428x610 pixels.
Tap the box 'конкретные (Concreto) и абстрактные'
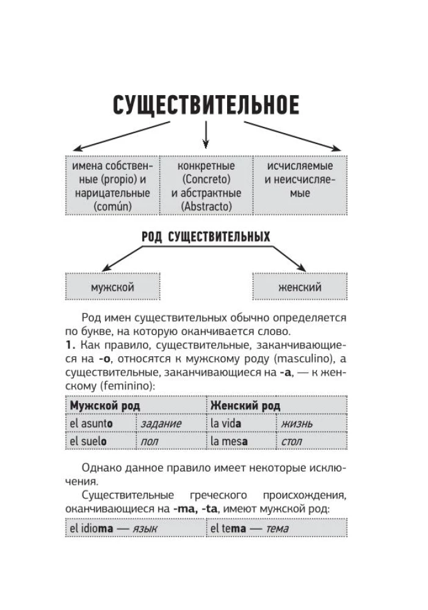[x=206, y=186]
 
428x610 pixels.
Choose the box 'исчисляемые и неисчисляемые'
[x=299, y=186]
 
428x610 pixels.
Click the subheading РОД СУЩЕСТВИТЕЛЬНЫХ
[x=205, y=236]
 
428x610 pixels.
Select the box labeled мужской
[x=112, y=287]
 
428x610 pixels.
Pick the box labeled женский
[x=299, y=287]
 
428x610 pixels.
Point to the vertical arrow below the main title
[x=206, y=134]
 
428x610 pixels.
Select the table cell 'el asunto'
[x=100, y=423]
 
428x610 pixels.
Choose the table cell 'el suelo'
[x=100, y=440]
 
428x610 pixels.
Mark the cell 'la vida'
[x=241, y=423]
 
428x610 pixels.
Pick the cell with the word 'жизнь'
[x=311, y=423]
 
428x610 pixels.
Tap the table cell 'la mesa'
[x=241, y=440]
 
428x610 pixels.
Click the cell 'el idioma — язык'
[x=135, y=529]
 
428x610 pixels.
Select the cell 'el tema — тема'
[x=276, y=529]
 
